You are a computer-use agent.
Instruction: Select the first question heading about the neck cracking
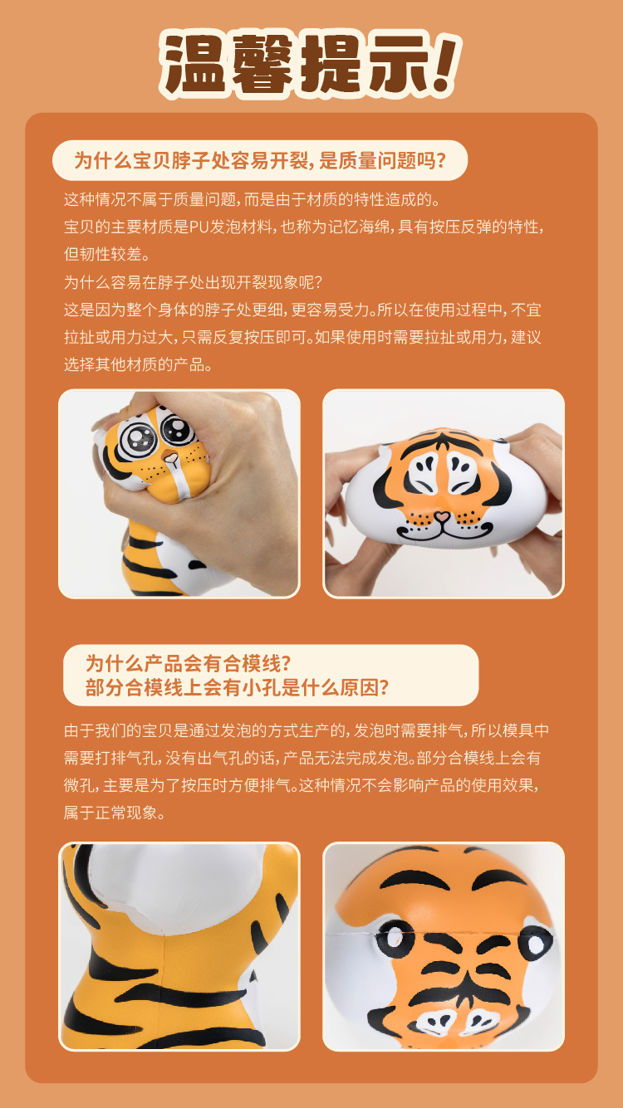260,160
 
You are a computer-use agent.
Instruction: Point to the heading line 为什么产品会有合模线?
188,663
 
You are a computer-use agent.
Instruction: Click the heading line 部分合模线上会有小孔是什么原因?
237,687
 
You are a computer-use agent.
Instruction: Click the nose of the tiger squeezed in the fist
170,458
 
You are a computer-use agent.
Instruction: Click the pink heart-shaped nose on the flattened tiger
442,517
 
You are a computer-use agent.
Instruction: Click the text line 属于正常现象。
115,813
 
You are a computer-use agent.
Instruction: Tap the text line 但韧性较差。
106,254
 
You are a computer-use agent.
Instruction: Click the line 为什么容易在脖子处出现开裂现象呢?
193,282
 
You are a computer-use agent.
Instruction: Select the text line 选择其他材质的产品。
138,364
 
